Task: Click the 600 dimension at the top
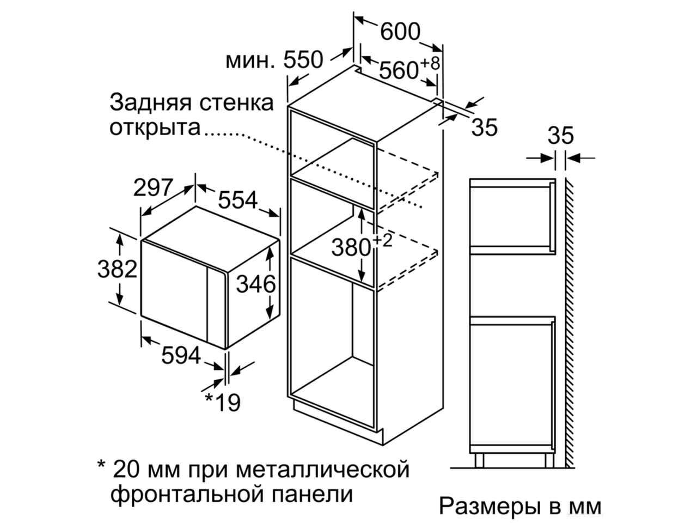pos(400,32)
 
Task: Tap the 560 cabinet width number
pos(399,70)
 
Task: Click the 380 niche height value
pos(351,247)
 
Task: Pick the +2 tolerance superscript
pos(382,241)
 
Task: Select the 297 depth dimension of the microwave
pos(154,187)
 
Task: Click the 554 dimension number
pos(237,200)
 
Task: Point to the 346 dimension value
pos(255,284)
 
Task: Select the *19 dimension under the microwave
pos(223,403)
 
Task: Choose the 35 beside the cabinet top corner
pos(484,127)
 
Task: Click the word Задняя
pos(150,103)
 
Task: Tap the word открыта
pos(155,127)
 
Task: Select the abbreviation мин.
pos(250,60)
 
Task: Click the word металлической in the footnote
pos(322,470)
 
